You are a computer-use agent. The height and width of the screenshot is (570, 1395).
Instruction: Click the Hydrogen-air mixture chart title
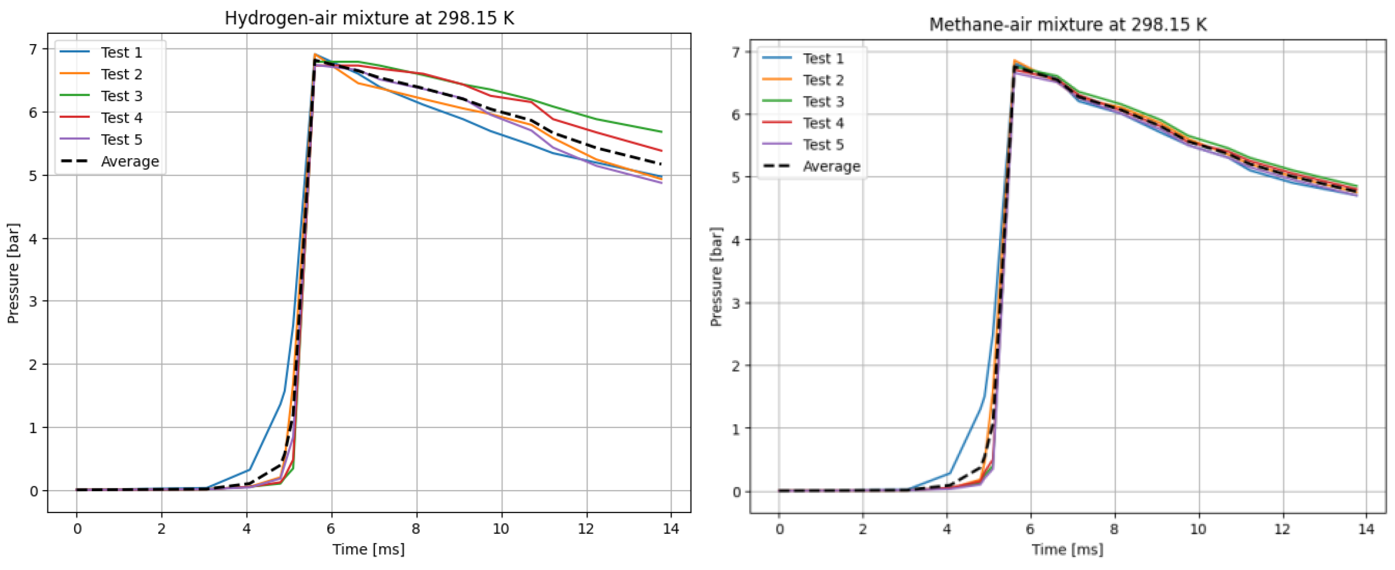coord(369,19)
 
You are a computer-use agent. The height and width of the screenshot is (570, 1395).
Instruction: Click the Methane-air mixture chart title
coord(1068,25)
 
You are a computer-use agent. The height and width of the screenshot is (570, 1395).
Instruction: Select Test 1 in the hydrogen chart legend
coord(121,53)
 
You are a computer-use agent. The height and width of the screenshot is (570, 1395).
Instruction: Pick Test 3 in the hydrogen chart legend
coord(121,96)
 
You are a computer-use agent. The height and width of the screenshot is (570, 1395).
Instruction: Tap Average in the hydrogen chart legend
coord(129,161)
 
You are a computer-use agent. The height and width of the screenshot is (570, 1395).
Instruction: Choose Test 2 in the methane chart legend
coord(823,80)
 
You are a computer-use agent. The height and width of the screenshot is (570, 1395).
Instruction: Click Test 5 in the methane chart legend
coord(823,145)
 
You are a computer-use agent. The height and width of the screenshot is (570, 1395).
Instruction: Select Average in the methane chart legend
coord(831,167)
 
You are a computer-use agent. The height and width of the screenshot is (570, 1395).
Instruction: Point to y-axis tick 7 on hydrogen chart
coord(34,49)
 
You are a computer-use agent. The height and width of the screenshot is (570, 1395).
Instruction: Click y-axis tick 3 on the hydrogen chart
coord(34,302)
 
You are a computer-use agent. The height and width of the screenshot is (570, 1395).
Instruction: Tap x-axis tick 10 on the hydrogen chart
coord(500,529)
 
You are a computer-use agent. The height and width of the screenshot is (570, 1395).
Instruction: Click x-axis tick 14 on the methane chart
coord(1366,529)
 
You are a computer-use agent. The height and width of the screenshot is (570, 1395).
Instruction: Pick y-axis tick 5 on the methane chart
coord(735,177)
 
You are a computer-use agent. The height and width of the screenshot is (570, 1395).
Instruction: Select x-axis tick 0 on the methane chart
coord(779,529)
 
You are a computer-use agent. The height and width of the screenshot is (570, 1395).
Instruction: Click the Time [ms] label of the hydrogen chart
coord(368,550)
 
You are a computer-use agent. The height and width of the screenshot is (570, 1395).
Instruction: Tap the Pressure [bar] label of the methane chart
coord(716,276)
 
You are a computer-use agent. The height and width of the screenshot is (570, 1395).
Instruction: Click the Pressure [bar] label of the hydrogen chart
coord(13,273)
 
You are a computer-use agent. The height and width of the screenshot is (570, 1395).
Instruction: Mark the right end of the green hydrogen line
coord(662,132)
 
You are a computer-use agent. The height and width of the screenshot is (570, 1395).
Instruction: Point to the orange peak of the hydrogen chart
coord(315,54)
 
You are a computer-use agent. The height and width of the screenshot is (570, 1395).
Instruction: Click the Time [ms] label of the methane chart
coord(1068,550)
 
